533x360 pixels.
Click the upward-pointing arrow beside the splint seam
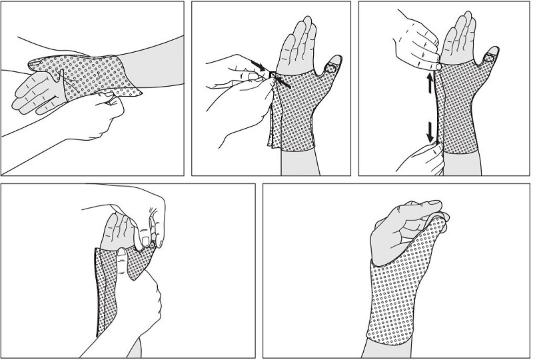430,83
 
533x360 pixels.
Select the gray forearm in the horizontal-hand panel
157,67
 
